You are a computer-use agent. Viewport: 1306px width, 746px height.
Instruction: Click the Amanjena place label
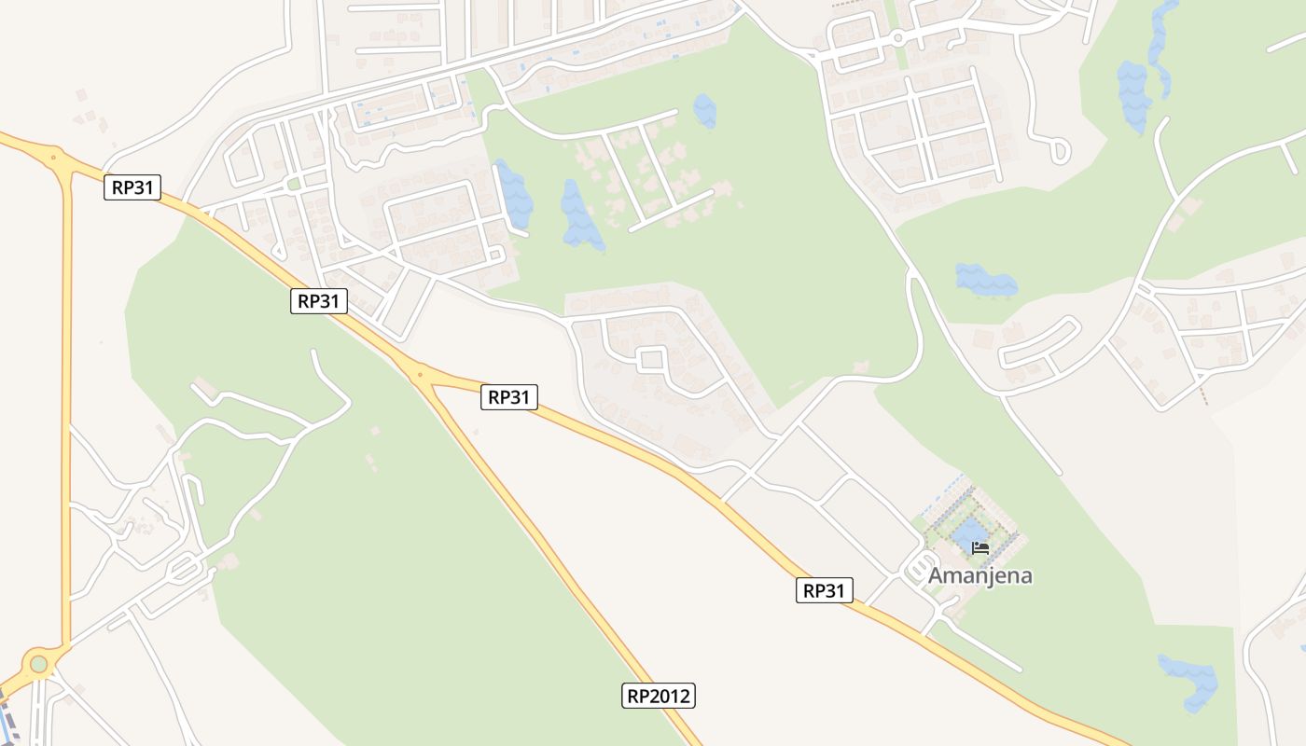[979, 575]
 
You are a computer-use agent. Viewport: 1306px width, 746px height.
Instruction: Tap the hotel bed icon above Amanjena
[979, 547]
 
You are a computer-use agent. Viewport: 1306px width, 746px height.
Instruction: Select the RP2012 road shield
[659, 696]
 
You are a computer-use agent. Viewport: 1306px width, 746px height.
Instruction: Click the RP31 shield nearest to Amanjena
[825, 590]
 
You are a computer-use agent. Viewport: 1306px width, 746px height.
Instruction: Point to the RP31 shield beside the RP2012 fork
[509, 397]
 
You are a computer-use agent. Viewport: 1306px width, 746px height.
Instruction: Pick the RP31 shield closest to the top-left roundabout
[132, 187]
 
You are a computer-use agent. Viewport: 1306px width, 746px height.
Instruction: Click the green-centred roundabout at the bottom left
[38, 663]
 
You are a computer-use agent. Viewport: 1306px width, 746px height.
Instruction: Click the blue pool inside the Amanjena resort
[970, 534]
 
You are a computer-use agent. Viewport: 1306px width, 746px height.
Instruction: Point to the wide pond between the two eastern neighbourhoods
[985, 280]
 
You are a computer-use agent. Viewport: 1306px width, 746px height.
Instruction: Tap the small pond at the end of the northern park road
[705, 111]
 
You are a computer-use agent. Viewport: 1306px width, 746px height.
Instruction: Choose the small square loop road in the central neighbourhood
[650, 359]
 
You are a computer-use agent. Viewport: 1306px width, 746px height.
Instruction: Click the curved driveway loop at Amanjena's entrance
[923, 568]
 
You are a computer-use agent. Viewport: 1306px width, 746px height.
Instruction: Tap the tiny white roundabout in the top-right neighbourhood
[896, 38]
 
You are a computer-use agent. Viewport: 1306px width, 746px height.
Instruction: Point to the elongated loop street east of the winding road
[1040, 343]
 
